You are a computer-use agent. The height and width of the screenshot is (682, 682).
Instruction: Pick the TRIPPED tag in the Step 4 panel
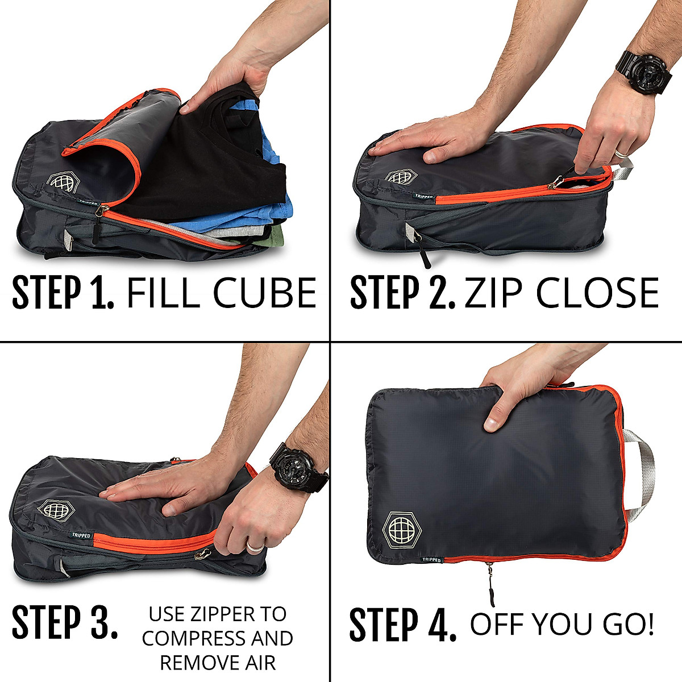[431, 559]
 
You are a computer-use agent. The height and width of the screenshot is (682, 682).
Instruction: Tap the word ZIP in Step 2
[494, 293]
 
